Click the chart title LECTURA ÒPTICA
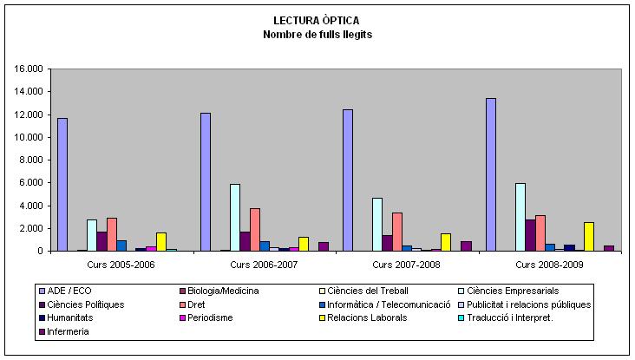[x=317, y=20]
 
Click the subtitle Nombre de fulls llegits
[x=317, y=34]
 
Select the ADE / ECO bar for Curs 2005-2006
[x=62, y=185]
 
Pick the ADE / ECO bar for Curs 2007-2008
[x=348, y=180]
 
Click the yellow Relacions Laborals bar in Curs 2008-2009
[x=589, y=237]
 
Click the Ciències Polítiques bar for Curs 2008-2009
[x=530, y=235]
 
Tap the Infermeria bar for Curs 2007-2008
[x=466, y=246]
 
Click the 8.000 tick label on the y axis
[x=28, y=160]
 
